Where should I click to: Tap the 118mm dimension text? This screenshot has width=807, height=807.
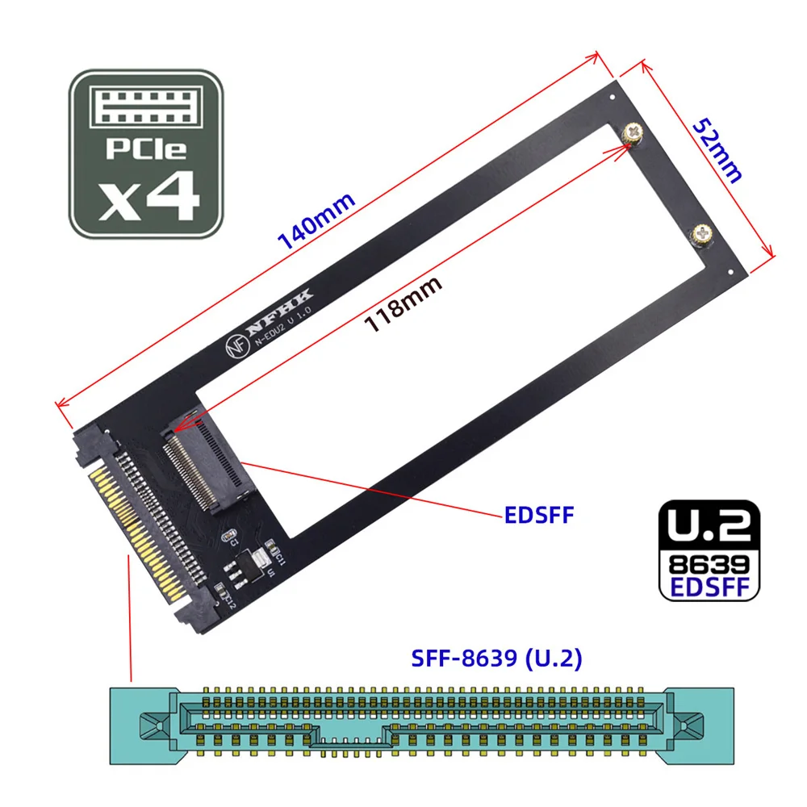tap(403, 304)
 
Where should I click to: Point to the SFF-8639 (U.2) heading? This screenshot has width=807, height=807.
tap(498, 659)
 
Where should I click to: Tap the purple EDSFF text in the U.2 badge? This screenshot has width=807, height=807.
tap(708, 585)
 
